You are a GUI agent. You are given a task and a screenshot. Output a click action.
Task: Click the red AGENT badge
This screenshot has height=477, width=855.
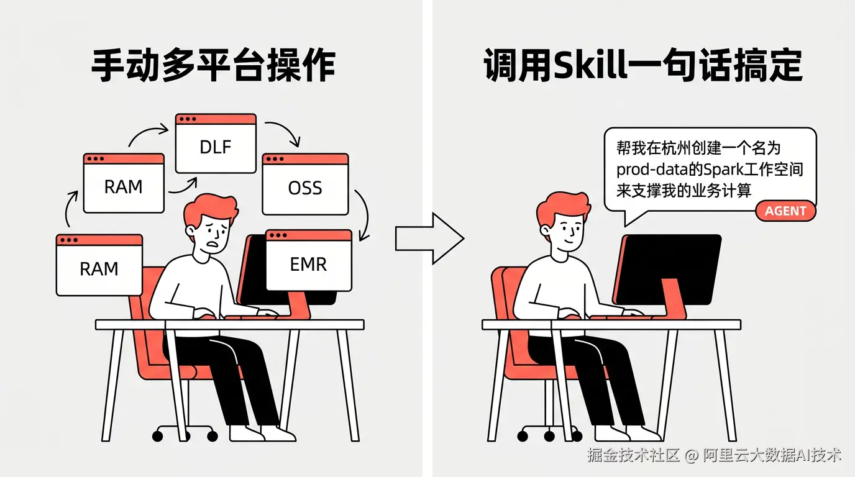coord(785,211)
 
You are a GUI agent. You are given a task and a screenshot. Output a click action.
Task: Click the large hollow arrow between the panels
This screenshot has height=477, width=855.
coord(429,238)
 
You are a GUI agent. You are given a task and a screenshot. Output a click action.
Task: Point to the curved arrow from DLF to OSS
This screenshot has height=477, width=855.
coord(286,131)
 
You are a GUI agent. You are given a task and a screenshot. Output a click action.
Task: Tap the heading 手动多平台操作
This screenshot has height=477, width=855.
coord(213,66)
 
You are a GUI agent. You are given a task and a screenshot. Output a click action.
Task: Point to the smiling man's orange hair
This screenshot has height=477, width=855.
coord(563,206)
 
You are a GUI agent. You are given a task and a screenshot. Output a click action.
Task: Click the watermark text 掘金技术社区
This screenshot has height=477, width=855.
coord(633,455)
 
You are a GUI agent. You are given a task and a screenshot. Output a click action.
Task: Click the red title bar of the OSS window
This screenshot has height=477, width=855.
coord(305,159)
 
